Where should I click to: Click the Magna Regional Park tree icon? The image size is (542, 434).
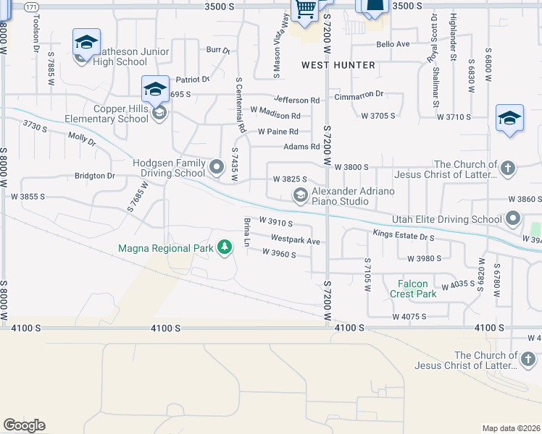tap(225, 248)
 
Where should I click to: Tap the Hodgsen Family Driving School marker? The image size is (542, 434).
tap(216, 168)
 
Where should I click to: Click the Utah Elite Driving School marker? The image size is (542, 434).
tap(513, 218)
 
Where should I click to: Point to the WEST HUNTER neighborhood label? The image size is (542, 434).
tap(338, 65)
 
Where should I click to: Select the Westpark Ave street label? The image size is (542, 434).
tap(296, 239)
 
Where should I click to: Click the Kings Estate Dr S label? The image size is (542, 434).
tap(404, 234)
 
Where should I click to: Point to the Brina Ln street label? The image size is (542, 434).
tap(246, 233)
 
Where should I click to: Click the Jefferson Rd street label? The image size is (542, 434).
tap(296, 100)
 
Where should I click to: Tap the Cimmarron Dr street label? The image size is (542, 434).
tap(359, 95)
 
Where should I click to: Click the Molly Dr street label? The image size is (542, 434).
tap(82, 138)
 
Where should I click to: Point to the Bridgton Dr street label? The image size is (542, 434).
tap(95, 176)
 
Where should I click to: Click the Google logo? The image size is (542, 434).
tap(24, 425)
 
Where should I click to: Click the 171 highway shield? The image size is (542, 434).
tap(32, 7)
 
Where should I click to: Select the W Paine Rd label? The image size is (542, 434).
tap(278, 132)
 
